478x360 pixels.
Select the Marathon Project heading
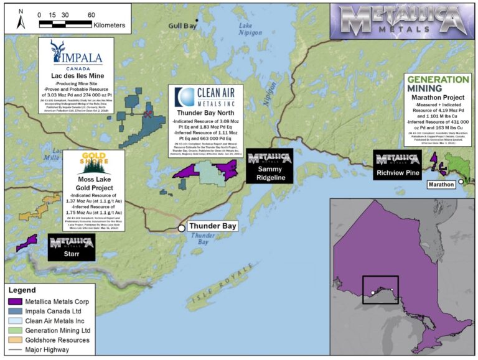(x=438, y=98)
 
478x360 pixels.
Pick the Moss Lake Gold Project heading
(x=94, y=184)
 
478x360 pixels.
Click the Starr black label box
(x=72, y=247)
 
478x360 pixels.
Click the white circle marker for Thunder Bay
(x=181, y=228)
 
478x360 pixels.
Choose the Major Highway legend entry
(x=50, y=349)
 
